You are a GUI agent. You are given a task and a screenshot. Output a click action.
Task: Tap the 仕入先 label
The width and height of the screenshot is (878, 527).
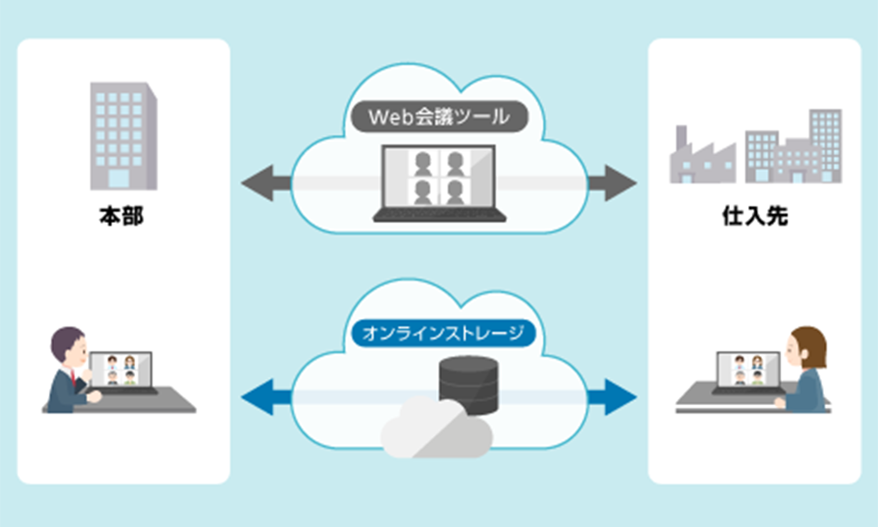(755, 217)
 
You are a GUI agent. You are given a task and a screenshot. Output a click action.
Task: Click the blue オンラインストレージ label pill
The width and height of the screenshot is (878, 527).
(438, 333)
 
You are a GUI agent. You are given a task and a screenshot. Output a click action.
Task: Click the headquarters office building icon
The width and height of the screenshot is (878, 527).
(123, 136)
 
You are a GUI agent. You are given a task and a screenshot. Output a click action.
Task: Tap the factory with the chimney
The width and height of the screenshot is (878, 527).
(699, 157)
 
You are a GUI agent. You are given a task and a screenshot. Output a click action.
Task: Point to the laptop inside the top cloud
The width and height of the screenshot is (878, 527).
(439, 183)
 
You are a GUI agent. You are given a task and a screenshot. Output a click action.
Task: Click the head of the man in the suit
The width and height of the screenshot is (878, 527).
(69, 345)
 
